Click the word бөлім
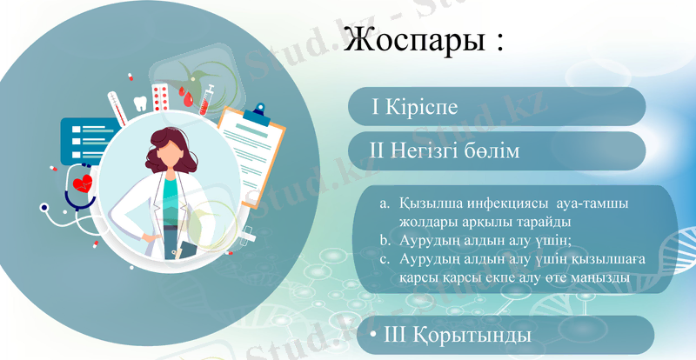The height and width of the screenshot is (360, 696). (493, 151)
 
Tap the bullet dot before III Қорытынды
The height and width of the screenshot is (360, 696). (372, 335)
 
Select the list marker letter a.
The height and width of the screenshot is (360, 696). (385, 203)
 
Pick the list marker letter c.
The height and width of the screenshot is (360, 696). (385, 260)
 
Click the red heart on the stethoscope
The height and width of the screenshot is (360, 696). (84, 184)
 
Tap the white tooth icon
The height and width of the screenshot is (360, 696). (137, 102)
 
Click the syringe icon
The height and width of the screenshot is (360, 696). (207, 97)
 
